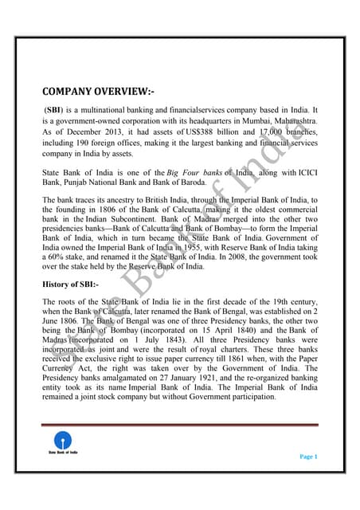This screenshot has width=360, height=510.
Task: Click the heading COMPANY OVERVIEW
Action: [x=98, y=91]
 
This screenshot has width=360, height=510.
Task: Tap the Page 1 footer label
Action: [x=309, y=456]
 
